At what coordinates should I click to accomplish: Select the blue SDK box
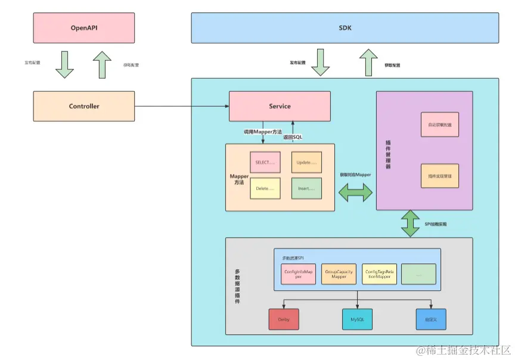click(345, 28)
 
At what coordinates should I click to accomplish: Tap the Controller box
click(84, 107)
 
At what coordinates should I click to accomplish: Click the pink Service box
click(280, 106)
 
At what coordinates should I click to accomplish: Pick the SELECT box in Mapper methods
click(265, 162)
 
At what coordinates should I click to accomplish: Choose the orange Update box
click(306, 162)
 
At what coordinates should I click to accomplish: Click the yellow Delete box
click(265, 188)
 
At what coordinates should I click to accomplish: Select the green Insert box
click(306, 188)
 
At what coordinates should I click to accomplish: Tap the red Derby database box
click(283, 319)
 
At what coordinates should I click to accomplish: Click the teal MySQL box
click(357, 319)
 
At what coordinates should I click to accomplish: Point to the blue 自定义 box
click(431, 319)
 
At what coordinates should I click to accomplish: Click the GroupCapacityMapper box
click(338, 274)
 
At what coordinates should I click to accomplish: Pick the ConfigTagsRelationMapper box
click(380, 274)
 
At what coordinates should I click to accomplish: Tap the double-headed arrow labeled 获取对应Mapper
click(355, 192)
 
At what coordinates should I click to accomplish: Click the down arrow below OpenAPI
click(64, 64)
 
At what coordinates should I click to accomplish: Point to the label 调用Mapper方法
click(262, 131)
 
